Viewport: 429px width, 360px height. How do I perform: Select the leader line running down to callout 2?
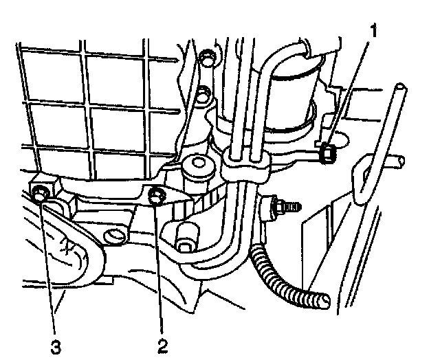click(x=160, y=268)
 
